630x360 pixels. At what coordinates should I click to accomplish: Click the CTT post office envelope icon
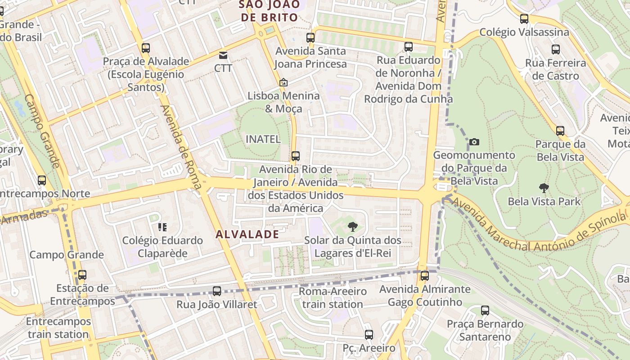[223, 55]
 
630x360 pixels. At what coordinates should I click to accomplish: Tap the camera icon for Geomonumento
[474, 142]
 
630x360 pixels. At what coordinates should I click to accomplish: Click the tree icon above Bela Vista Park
[544, 188]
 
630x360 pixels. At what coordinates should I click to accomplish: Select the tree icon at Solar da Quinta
[352, 227]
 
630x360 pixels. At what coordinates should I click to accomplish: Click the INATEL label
[263, 139]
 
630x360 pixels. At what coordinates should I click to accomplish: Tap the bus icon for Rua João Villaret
[217, 291]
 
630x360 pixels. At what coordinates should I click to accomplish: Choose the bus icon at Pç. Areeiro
[369, 335]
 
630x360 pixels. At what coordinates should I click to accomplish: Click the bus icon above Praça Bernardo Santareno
[485, 310]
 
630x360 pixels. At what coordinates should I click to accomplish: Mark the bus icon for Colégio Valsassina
[524, 19]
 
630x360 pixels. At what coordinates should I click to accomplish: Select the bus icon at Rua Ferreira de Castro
[556, 49]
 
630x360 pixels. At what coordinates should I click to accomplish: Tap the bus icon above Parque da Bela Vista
[560, 131]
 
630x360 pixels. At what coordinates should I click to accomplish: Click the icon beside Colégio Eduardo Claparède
[162, 227]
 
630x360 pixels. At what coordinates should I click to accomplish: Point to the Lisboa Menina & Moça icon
[283, 82]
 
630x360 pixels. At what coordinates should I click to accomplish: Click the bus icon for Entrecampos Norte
[42, 180]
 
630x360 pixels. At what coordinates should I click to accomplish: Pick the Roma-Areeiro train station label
[333, 298]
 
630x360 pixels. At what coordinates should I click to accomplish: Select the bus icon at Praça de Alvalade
[145, 48]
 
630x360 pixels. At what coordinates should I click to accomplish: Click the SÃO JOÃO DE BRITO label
[270, 11]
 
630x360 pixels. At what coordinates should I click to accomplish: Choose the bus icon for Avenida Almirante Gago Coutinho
[424, 276]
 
